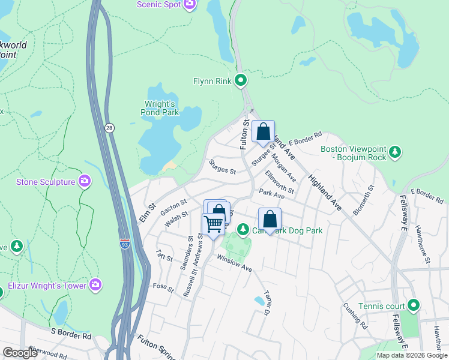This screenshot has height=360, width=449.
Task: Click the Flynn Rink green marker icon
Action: [x=241, y=80]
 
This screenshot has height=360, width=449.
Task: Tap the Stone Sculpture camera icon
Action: [x=85, y=181]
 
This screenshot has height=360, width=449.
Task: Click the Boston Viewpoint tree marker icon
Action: [x=394, y=153]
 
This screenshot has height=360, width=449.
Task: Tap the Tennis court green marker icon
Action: [x=414, y=306]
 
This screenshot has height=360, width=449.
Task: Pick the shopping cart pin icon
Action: [x=213, y=225]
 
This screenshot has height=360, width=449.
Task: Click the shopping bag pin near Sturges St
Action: [x=263, y=132]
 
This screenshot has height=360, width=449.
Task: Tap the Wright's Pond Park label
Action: [x=162, y=107]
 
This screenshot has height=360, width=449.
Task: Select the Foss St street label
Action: [x=163, y=289]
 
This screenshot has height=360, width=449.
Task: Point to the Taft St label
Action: [x=164, y=258]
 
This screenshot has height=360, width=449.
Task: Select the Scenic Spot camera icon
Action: [x=190, y=5]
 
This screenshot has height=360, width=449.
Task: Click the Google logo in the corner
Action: [x=20, y=353]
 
